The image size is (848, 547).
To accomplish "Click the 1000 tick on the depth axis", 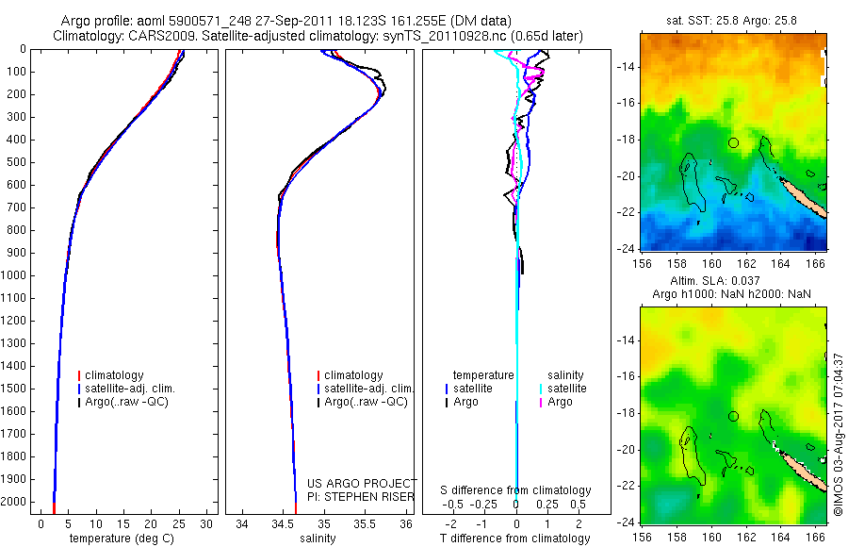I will (x=15, y=275).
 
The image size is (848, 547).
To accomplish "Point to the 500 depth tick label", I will (x=15, y=162).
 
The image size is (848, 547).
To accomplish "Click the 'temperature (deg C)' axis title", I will (x=122, y=539).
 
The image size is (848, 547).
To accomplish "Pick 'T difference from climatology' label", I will (x=516, y=539).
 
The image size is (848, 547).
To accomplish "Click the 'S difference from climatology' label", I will (x=516, y=490).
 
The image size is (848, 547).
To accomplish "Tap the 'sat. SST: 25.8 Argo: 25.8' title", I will (x=732, y=19).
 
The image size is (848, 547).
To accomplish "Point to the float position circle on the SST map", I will (x=733, y=142).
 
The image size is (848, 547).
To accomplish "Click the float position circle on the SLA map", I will (x=733, y=416).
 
